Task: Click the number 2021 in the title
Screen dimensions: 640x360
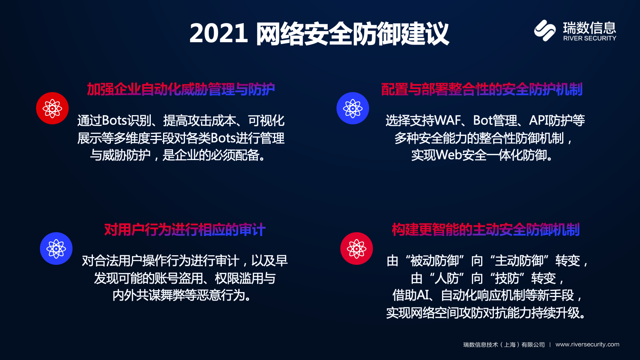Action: coord(219,34)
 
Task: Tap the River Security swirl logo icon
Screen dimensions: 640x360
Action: coord(545,30)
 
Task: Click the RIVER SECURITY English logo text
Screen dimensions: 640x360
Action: coord(590,38)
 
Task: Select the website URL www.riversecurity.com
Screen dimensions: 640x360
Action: coord(587,345)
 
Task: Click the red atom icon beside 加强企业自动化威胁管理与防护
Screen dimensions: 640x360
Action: coord(52,108)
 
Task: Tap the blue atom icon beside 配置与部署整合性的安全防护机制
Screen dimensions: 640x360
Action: coord(353,108)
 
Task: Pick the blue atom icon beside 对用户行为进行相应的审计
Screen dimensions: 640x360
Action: coord(56,249)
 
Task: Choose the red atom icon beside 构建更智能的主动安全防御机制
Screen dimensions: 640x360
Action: coord(356,249)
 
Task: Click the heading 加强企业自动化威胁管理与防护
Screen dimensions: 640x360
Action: coord(181,89)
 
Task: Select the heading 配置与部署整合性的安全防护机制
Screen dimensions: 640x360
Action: coord(482,89)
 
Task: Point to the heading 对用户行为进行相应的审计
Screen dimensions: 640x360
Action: coord(185,230)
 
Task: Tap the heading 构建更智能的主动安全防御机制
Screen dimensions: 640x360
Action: coord(485,230)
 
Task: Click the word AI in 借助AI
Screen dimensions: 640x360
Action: coord(423,295)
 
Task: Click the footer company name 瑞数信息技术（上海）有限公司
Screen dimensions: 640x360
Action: coord(504,345)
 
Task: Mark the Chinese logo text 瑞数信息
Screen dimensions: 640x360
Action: coord(590,28)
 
